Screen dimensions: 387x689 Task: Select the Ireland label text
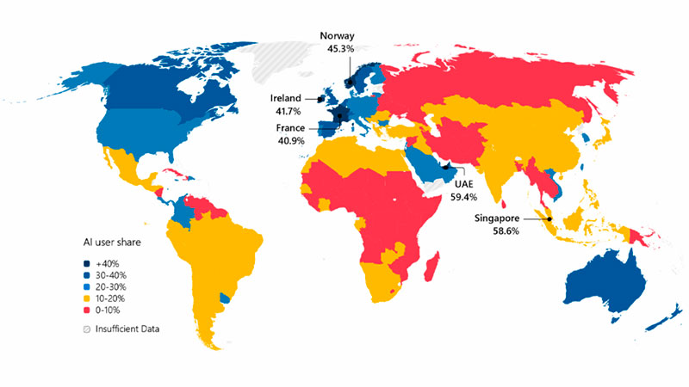click(x=284, y=98)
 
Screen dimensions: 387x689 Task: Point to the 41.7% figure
click(x=284, y=112)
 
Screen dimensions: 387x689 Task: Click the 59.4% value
click(x=463, y=197)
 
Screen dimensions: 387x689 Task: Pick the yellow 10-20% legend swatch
click(x=87, y=298)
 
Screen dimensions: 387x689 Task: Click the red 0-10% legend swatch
click(x=87, y=310)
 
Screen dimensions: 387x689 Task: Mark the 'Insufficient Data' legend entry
click(x=129, y=329)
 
